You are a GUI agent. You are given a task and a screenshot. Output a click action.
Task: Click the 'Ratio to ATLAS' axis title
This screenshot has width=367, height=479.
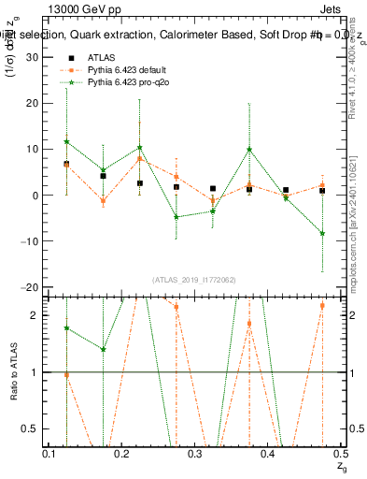[12, 371]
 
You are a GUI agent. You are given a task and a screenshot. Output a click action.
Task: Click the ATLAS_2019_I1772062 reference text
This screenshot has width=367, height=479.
[195, 279]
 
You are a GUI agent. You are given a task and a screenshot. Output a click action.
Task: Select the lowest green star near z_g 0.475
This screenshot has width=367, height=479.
[322, 233]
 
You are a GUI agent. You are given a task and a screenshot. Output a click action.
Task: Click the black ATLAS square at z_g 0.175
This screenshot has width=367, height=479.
[104, 176]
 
